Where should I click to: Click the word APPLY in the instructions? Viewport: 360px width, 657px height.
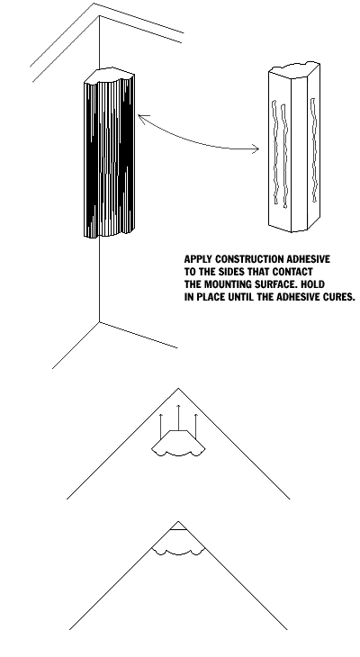coord(198,259)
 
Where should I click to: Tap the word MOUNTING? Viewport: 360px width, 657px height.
coord(226,284)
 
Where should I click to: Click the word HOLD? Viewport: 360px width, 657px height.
coord(312,284)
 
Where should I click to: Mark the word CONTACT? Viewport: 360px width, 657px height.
coord(292,272)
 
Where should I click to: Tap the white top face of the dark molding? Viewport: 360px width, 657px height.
coord(109,75)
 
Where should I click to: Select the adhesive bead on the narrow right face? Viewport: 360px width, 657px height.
coord(313,150)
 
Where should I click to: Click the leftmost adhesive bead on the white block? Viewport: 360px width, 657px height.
coord(274,152)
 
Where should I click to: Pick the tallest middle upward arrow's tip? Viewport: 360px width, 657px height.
coord(178,405)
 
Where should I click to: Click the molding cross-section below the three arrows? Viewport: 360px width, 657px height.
coord(178,444)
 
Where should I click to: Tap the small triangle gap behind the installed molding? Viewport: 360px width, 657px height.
coord(178,526)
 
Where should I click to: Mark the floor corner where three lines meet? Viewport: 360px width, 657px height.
coord(99,322)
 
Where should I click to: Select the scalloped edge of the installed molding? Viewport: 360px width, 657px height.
coord(178,552)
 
